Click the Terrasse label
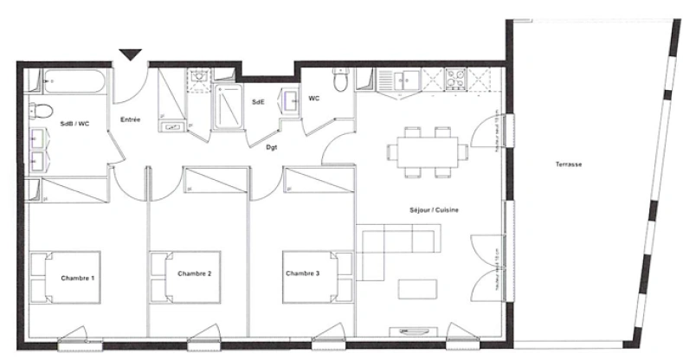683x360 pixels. click(x=569, y=164)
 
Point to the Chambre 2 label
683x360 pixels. click(x=195, y=274)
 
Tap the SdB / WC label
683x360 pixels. click(x=74, y=125)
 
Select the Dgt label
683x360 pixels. click(x=271, y=148)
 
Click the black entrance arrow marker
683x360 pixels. click(x=130, y=55)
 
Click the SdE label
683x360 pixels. click(x=258, y=102)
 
